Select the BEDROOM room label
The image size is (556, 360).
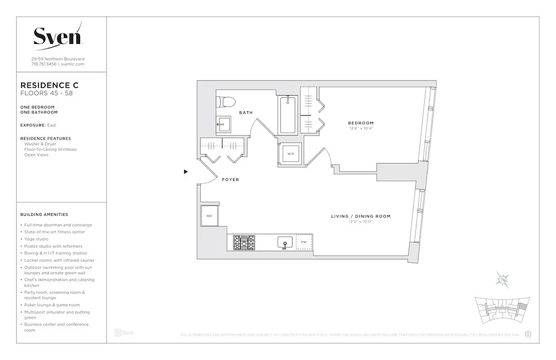(x=360, y=123)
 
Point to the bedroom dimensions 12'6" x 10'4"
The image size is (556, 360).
(x=360, y=128)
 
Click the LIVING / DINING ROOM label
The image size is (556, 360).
(x=360, y=216)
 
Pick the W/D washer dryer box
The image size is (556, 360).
(x=291, y=154)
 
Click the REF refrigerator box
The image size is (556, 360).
(x=209, y=216)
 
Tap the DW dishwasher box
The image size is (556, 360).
(x=304, y=242)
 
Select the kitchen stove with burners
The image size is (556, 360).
(x=244, y=243)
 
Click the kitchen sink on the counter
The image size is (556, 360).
(x=284, y=243)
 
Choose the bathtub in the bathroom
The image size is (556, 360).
(x=287, y=115)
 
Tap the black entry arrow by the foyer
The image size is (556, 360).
(x=186, y=171)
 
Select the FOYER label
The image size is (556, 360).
(x=230, y=180)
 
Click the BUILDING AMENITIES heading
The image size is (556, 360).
(x=44, y=215)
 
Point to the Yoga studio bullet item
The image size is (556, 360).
(x=36, y=239)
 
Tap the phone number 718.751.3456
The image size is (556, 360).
(x=44, y=64)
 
